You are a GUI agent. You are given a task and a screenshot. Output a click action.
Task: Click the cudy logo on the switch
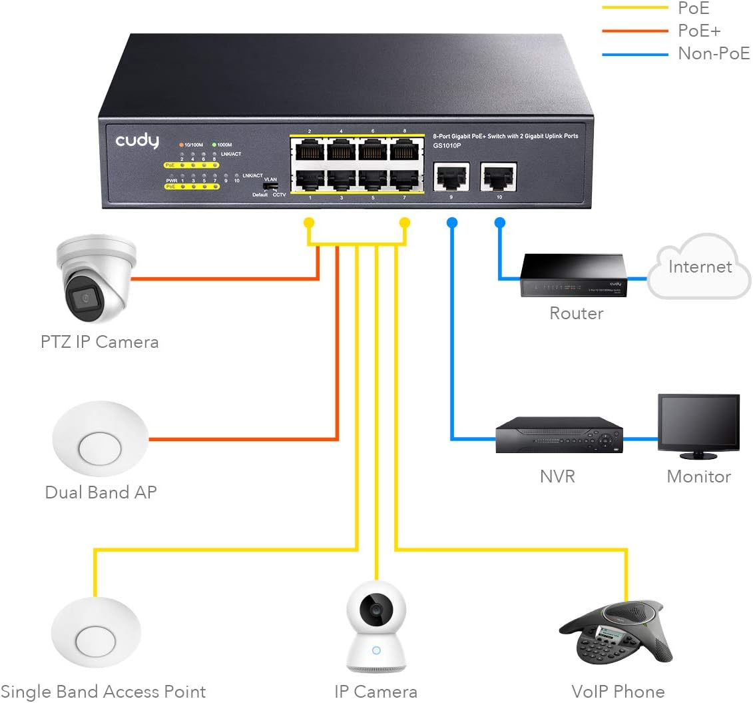click(137, 141)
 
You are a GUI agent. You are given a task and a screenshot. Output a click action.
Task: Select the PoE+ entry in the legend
click(698, 31)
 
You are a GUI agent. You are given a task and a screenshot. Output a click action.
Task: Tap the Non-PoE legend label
click(713, 53)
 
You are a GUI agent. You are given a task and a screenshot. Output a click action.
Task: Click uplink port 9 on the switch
click(451, 175)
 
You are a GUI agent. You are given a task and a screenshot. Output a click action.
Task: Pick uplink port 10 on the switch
click(499, 175)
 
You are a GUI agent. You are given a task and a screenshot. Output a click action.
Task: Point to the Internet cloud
click(699, 268)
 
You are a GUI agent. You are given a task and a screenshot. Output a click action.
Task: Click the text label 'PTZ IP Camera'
click(99, 343)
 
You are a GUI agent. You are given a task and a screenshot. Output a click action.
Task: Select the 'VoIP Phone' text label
click(617, 691)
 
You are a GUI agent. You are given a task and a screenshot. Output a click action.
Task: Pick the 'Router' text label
click(576, 313)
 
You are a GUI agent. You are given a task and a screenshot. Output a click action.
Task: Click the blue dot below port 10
click(499, 222)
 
